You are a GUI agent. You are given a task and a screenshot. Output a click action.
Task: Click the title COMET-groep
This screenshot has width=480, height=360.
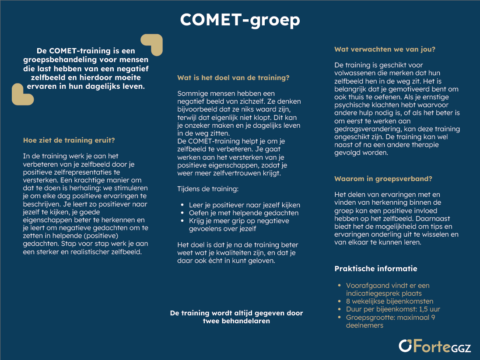(240, 20)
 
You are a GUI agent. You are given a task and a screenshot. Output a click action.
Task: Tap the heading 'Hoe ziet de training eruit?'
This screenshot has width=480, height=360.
(69, 140)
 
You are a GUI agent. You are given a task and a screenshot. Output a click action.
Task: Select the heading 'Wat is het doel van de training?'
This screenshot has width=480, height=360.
(233, 78)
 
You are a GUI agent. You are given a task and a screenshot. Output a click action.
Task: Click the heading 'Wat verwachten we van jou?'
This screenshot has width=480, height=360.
(385, 49)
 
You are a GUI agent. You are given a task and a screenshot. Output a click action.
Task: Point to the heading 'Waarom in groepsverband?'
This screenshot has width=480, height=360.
(384, 179)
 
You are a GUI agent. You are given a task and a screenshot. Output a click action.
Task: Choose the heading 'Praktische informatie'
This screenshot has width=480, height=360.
(376, 269)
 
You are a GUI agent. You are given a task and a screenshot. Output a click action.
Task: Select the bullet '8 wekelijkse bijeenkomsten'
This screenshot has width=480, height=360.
(389, 301)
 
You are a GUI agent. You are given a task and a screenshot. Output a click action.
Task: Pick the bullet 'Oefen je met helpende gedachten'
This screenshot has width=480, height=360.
(243, 213)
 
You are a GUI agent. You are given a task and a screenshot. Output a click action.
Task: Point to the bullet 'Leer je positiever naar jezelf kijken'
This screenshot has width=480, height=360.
(244, 205)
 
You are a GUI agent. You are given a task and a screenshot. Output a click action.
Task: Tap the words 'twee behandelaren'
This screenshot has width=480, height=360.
(236, 321)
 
